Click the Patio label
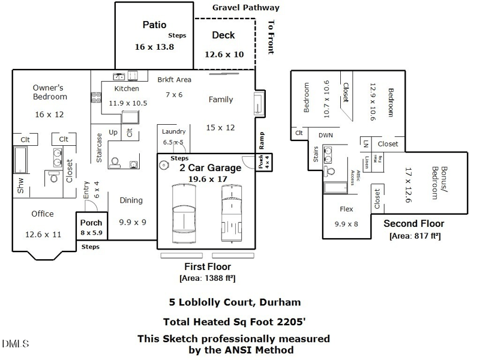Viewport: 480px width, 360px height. pyautogui.click(x=154, y=25)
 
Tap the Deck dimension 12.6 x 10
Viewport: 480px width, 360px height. pyautogui.click(x=224, y=54)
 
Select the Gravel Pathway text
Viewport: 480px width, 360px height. pyautogui.click(x=245, y=8)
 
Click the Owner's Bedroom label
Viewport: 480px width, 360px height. pyautogui.click(x=50, y=92)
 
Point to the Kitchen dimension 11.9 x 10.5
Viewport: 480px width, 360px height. pyautogui.click(x=128, y=103)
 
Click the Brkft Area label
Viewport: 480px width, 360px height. pyautogui.click(x=174, y=79)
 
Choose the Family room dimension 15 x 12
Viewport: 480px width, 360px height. pyautogui.click(x=221, y=127)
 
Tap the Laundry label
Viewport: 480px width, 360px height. pyautogui.click(x=174, y=131)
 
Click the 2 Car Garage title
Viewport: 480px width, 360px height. pyautogui.click(x=211, y=168)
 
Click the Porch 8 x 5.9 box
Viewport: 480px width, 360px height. pyautogui.click(x=92, y=227)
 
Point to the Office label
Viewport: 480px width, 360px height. pyautogui.click(x=43, y=214)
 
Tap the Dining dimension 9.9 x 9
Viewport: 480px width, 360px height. pyautogui.click(x=132, y=221)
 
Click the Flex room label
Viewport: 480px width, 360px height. pyautogui.click(x=346, y=209)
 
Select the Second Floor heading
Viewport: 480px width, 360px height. pyautogui.click(x=414, y=224)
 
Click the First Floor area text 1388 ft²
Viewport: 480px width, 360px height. pyautogui.click(x=207, y=278)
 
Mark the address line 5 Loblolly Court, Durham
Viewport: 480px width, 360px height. pyautogui.click(x=234, y=302)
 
